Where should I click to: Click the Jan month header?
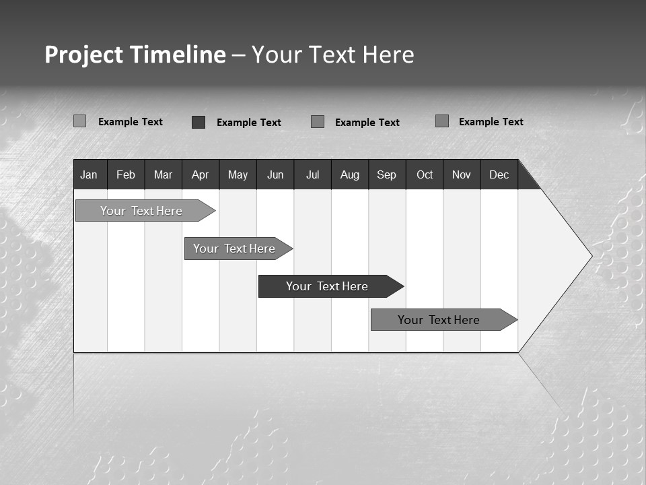point(89,174)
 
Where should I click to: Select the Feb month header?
point(126,174)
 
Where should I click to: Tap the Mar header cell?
point(163,174)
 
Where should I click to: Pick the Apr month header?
point(201,174)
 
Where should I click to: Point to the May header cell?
point(238,174)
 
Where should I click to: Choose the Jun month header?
point(275,174)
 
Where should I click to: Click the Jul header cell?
point(312,174)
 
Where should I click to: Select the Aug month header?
point(350,174)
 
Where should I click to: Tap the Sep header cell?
point(387,174)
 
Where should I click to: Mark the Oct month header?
point(425,174)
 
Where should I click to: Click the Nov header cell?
point(462,174)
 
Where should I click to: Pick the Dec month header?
point(499,174)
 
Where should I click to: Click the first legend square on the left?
point(79,121)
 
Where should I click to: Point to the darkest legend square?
point(199,122)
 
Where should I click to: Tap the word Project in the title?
point(83,55)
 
